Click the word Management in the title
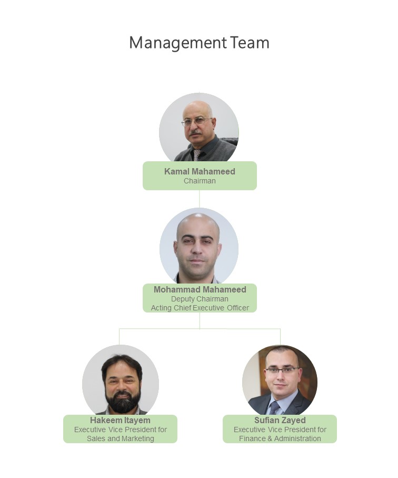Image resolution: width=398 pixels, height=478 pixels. (178, 43)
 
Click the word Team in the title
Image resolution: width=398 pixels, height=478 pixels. (250, 43)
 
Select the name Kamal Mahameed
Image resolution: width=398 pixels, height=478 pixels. (200, 171)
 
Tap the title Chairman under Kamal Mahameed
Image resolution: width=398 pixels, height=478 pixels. (200, 181)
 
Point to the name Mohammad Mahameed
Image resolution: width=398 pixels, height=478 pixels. (200, 289)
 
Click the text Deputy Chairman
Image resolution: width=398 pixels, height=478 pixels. (200, 299)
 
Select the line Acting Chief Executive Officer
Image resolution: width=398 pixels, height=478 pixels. (200, 308)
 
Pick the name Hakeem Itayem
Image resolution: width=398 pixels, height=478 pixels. (120, 420)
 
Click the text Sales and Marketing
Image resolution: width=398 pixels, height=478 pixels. (120, 438)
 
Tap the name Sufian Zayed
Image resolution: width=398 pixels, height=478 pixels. (280, 420)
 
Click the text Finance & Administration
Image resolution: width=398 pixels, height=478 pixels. (280, 438)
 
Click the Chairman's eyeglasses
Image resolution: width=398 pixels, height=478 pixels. (197, 121)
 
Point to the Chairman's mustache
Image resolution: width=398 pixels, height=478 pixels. (195, 133)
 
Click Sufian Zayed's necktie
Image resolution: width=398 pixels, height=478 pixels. (274, 407)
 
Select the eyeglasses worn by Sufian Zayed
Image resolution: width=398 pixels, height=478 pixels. (282, 370)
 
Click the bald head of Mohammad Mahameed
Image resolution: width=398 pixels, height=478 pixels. (198, 224)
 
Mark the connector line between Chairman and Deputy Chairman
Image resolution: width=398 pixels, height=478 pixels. (200, 199)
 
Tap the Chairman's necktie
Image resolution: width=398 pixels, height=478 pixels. (197, 154)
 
